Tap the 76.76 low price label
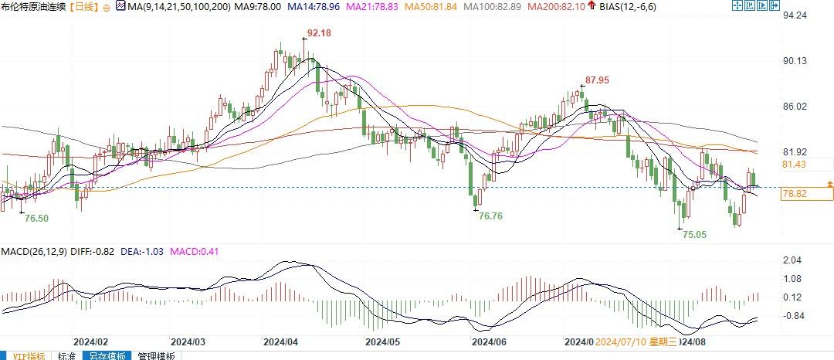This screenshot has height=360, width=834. click(x=490, y=216)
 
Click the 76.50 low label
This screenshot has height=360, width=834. click(x=36, y=219)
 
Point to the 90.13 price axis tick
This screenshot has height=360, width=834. click(x=795, y=61)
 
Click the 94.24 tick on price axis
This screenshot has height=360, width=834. click(x=795, y=15)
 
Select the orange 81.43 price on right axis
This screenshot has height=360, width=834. click(x=795, y=165)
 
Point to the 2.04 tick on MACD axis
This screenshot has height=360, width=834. click(x=792, y=260)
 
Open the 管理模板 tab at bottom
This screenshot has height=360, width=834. click(x=157, y=356)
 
